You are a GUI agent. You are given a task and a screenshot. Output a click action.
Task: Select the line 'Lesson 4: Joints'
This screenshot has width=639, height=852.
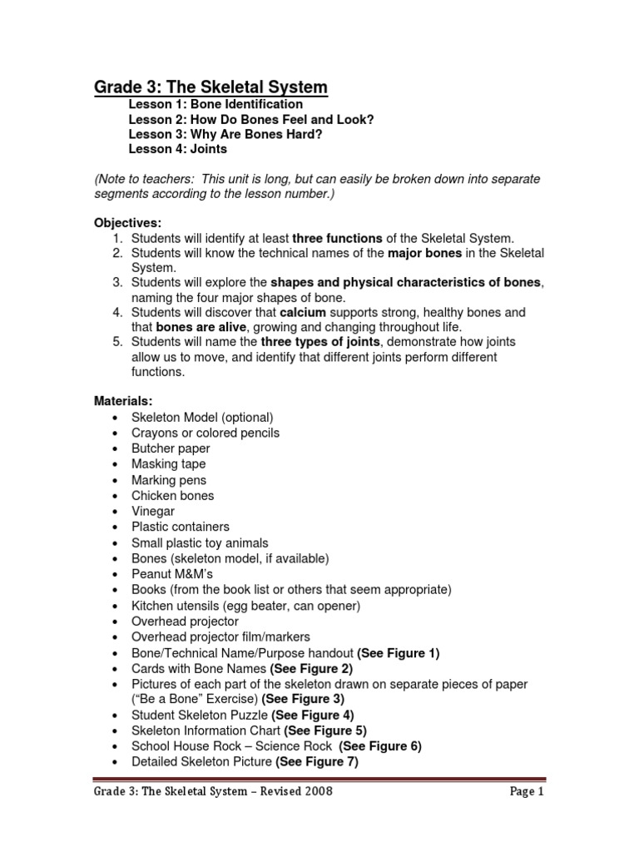[x=177, y=150]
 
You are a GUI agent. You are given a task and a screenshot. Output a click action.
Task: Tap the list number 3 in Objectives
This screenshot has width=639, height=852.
[x=117, y=283]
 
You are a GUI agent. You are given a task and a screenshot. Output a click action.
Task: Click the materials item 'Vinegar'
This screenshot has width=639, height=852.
[x=154, y=511]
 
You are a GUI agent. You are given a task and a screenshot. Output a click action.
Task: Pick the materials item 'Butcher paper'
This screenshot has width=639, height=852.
[x=171, y=448]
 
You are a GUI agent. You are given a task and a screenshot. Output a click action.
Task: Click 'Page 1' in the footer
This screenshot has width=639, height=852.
[x=526, y=792]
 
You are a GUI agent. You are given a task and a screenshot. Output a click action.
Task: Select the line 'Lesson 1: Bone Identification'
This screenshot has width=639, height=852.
[x=215, y=104]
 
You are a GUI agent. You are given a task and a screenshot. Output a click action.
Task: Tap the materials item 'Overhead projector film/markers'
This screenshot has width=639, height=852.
[x=219, y=637]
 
